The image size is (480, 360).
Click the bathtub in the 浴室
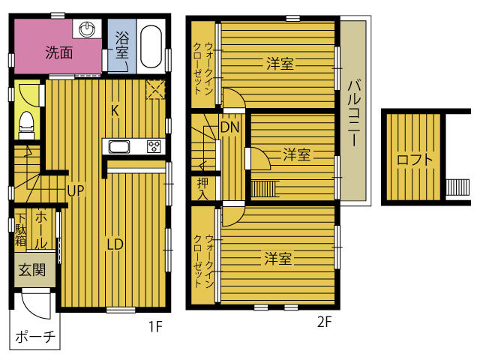(151, 46)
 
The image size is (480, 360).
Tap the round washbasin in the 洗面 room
(87, 29)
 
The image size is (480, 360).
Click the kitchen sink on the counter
(119, 147)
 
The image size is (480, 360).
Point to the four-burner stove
(154, 146)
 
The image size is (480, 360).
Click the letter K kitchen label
(115, 110)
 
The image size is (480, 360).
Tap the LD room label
(115, 244)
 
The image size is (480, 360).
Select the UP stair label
(75, 190)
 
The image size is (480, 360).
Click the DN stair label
(230, 127)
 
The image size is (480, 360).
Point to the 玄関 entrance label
(32, 270)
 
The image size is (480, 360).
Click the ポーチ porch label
(35, 337)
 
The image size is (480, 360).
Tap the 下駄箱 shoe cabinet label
(21, 229)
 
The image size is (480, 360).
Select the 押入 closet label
(203, 188)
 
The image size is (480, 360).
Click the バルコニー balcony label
(354, 112)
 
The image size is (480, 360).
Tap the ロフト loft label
(415, 160)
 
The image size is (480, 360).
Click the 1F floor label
(155, 327)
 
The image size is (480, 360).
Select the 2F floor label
(325, 322)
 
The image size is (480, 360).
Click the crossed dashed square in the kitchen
(156, 89)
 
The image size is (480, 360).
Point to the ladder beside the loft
(457, 187)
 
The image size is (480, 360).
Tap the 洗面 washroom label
(59, 52)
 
